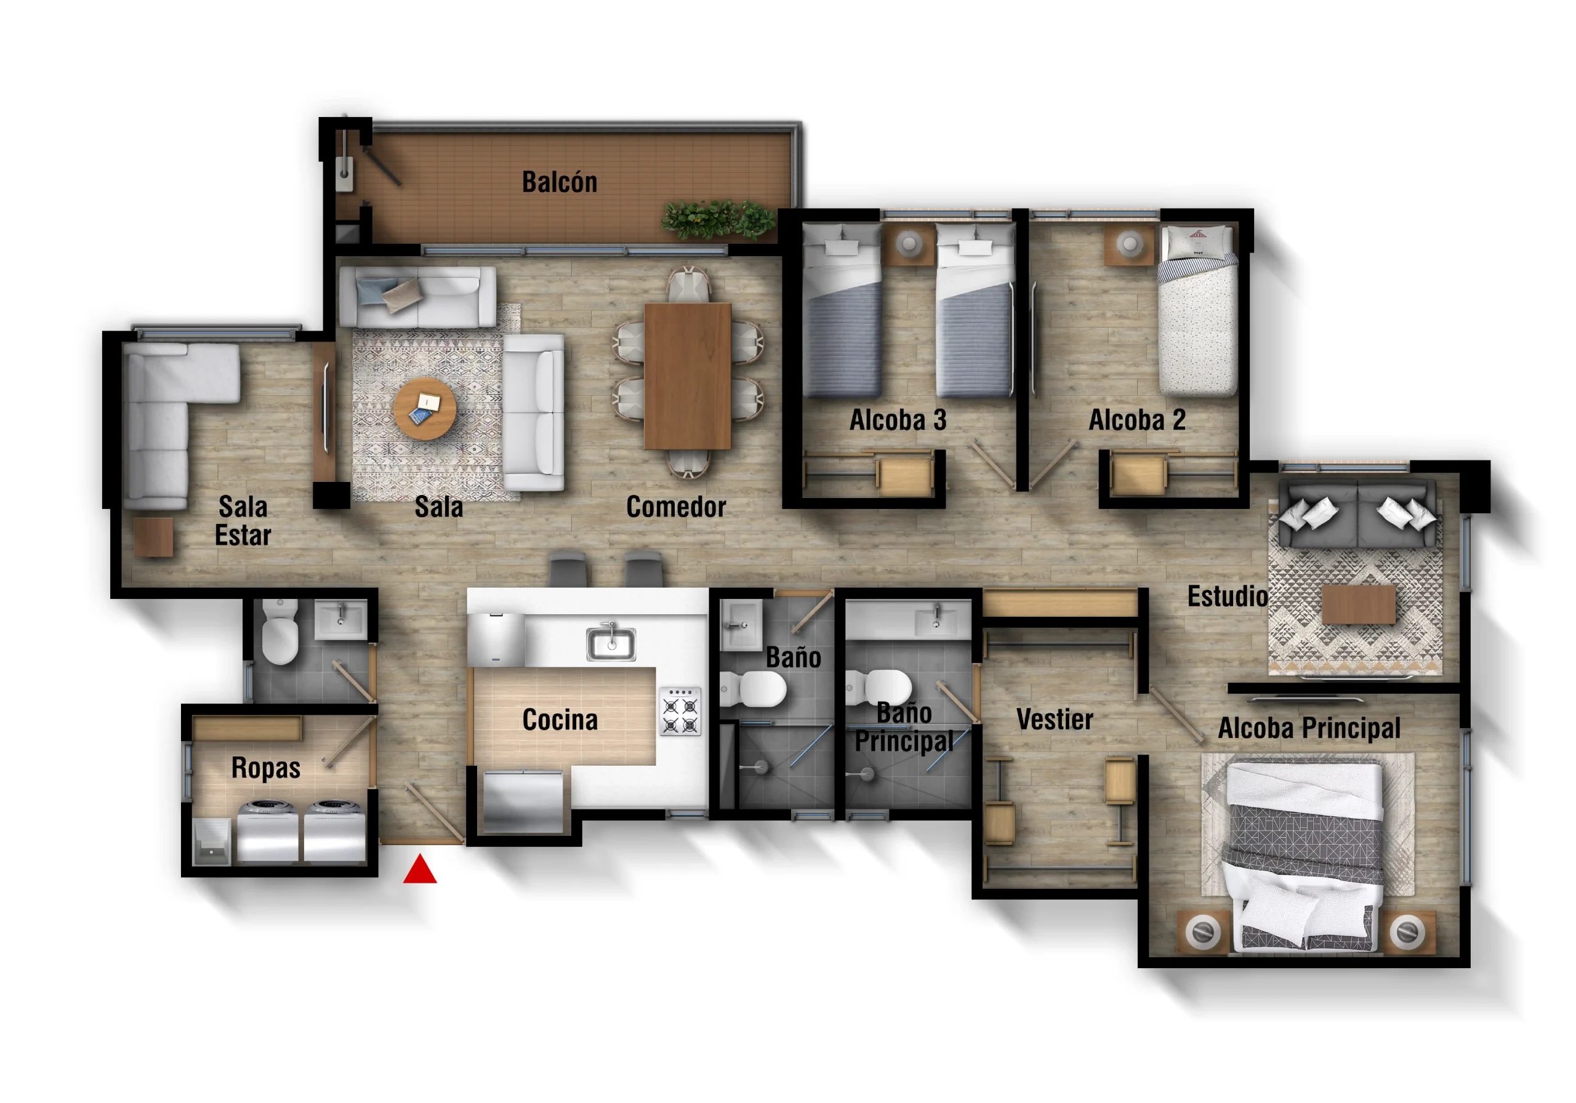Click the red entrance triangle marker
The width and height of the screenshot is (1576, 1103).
[419, 870]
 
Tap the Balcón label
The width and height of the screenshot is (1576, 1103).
[560, 182]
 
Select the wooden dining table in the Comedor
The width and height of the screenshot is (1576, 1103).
[687, 376]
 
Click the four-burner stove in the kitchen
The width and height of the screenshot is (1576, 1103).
[680, 711]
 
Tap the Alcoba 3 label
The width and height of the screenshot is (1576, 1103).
[898, 420]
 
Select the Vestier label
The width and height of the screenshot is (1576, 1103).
[1055, 720]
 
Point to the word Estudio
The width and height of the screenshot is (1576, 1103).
[1228, 596]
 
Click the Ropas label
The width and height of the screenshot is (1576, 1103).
[265, 768]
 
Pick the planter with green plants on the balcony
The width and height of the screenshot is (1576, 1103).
[718, 220]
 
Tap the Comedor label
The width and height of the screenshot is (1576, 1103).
[676, 507]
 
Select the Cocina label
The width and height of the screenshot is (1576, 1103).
[560, 720]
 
